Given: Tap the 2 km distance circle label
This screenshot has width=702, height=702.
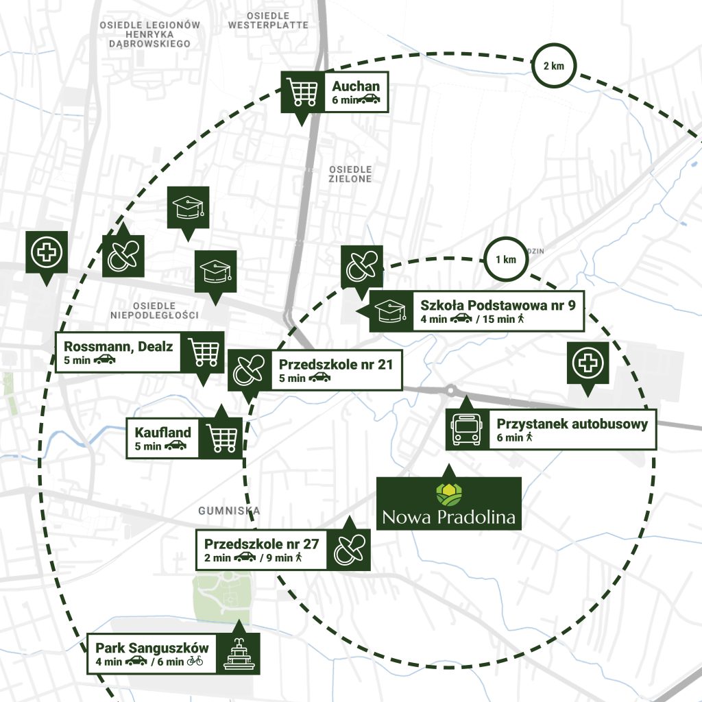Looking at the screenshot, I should pos(554,66).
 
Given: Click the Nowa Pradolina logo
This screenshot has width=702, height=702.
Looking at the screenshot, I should pos(449,503).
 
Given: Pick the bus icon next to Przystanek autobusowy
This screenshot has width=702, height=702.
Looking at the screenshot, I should pos(467,430).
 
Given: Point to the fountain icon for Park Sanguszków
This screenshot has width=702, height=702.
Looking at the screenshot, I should pos(239,655).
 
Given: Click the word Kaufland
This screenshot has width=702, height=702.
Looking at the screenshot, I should pos(163,433).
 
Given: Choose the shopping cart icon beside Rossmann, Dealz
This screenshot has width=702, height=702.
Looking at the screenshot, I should pos(203,352).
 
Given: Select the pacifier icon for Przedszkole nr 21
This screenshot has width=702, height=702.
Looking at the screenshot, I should pos(247,370).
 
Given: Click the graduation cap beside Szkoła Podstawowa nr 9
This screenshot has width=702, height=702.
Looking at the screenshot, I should pos(389,311).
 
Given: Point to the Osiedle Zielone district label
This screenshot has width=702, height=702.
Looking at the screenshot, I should pos(350,173).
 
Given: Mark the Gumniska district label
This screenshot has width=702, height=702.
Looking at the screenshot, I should pos(229,511).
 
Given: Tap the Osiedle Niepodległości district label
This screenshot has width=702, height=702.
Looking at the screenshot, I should pos(154,311).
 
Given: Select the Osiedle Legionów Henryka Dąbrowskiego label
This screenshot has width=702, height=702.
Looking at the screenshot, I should pos(149,34).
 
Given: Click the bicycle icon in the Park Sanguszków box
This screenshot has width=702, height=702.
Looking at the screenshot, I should pos(195,662).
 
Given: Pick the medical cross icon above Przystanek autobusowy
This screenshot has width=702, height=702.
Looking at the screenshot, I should pos(587,364).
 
